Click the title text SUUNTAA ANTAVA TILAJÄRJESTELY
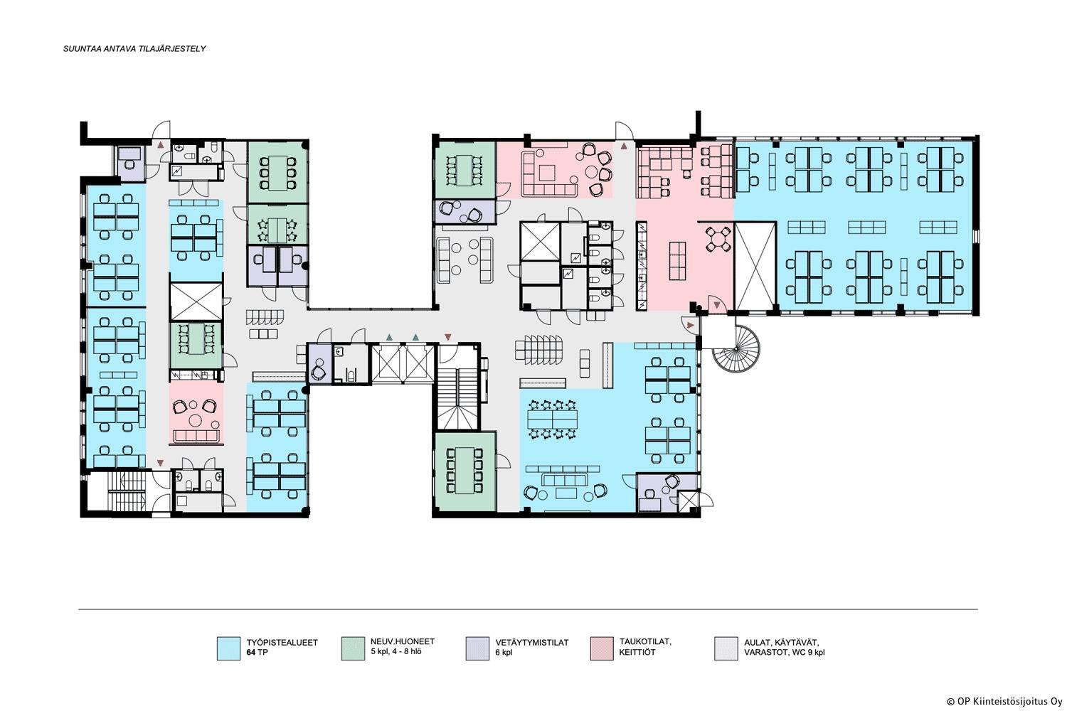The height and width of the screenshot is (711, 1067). (x=134, y=48)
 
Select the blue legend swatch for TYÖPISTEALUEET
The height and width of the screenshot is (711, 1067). (x=228, y=648)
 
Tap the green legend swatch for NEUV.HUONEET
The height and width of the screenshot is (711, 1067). (x=353, y=648)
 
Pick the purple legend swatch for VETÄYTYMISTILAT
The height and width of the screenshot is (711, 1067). (x=477, y=648)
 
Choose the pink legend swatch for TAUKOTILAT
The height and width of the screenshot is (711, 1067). (x=602, y=648)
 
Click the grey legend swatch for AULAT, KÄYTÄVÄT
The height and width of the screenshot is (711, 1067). (x=726, y=648)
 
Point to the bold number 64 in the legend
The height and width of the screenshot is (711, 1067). (x=251, y=653)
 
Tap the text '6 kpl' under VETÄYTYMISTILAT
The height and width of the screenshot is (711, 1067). (x=504, y=653)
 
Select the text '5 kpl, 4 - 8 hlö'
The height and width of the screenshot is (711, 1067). (x=396, y=651)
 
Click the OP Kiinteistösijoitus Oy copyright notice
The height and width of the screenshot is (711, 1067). (x=1004, y=702)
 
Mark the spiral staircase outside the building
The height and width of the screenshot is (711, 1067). (x=736, y=348)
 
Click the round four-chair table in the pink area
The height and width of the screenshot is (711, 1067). (x=718, y=239)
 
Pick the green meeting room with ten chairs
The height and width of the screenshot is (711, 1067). (x=465, y=471)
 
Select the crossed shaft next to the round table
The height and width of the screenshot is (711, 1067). (x=755, y=266)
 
